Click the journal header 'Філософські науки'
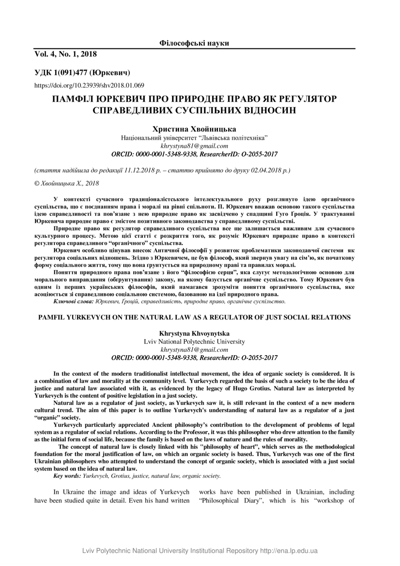point(194,43)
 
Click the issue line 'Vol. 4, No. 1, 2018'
point(66,54)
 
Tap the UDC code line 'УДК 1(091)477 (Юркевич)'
point(82,73)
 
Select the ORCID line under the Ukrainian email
point(194,154)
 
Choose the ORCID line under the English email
point(194,357)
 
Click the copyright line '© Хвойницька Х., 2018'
point(67,183)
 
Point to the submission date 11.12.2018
point(138,170)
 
